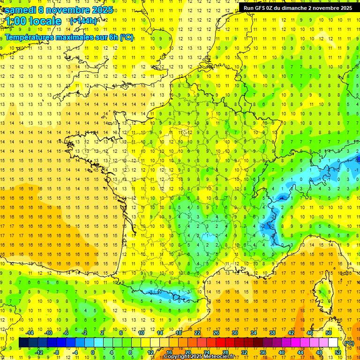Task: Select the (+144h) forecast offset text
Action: click(83, 21)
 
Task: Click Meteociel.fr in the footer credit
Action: click(218, 357)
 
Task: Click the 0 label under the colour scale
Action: click(93, 352)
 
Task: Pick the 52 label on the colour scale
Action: click(338, 352)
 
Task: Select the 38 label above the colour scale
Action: click(272, 333)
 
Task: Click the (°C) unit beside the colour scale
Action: click(349, 343)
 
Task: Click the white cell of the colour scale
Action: click(333, 343)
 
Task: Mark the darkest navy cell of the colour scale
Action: click(23, 343)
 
